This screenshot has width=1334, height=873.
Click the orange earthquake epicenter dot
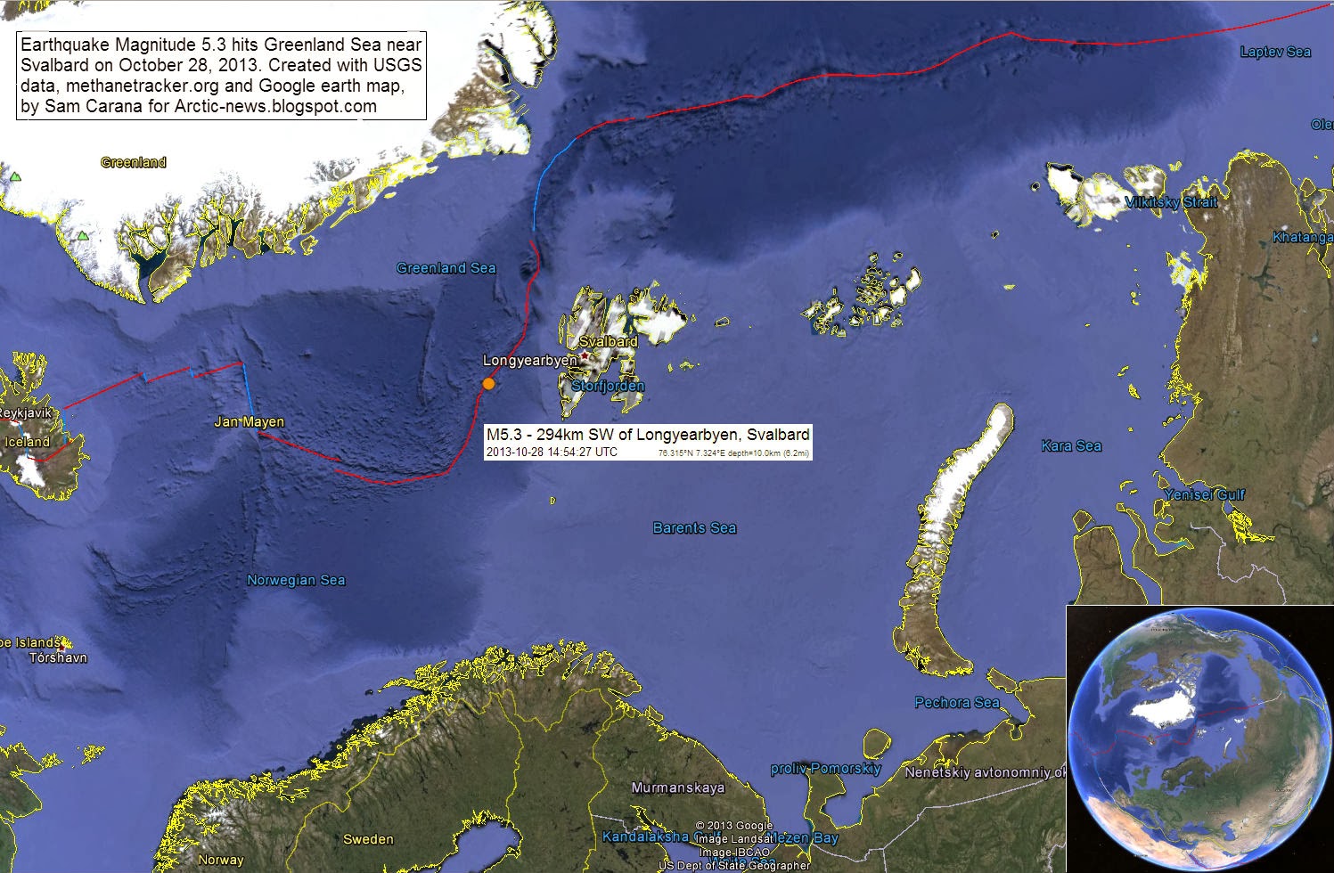[488, 384]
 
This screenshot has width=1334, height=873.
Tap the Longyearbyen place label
[529, 361]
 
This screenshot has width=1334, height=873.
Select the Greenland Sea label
[446, 268]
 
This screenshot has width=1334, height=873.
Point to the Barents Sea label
[694, 528]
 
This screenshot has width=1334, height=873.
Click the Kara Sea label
[1071, 445]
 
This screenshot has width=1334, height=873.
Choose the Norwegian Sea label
[296, 580]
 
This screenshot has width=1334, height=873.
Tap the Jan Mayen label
[249, 421]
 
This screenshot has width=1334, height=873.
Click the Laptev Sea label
[1275, 52]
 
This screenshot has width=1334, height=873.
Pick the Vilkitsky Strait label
[1171, 202]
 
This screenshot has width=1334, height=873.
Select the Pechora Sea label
[957, 703]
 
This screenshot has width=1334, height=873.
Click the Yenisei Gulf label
[1204, 494]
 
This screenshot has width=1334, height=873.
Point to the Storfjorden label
[608, 386]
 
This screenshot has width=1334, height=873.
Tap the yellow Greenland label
[134, 162]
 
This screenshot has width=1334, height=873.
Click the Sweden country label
[368, 839]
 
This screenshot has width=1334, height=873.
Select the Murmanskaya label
[677, 787]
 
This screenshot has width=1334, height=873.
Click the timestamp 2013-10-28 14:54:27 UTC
[552, 453]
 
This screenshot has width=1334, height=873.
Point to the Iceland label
[28, 442]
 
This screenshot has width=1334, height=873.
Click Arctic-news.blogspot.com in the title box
[275, 107]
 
